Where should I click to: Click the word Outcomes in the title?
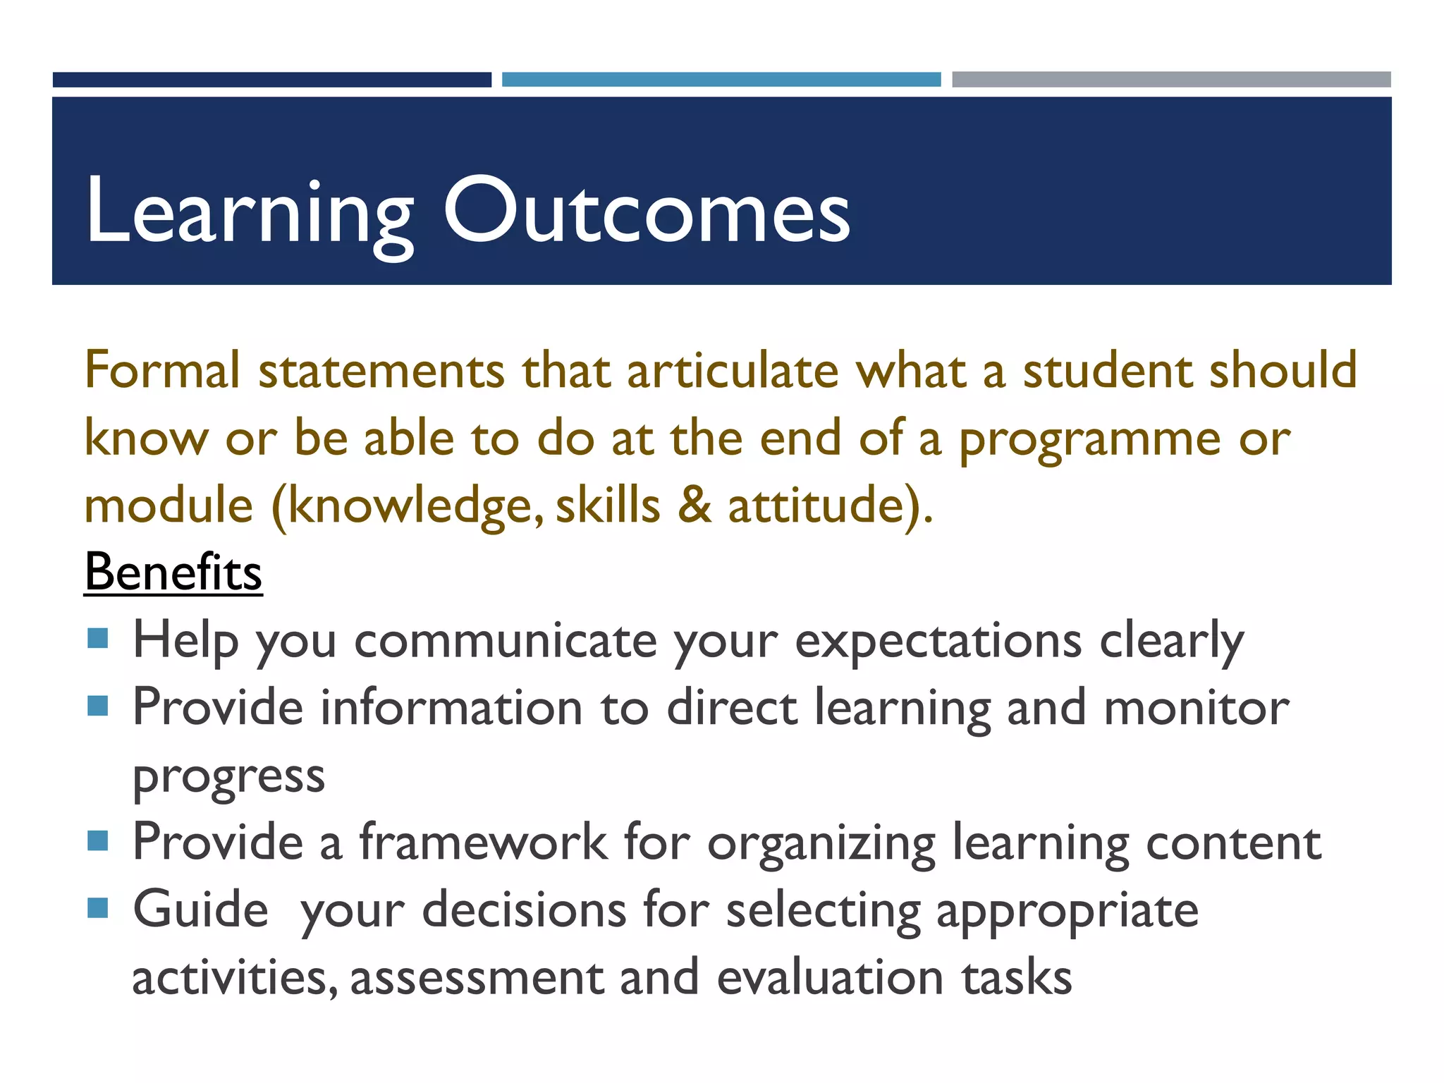coord(647,212)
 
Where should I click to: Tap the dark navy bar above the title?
coord(271,80)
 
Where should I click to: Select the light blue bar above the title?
coord(721,80)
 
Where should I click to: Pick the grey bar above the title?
coord(1170,80)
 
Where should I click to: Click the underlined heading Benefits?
coord(173,572)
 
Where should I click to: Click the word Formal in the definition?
coord(162,370)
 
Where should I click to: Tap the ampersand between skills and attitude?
coord(695,506)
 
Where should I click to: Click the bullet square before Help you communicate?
coord(98,639)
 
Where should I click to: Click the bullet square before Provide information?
coord(98,706)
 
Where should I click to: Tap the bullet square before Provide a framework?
coord(98,840)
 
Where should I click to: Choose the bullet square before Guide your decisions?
coord(98,908)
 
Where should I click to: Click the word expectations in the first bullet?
coord(938,642)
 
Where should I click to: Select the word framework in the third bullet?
coord(484,842)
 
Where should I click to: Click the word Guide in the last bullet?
coord(201,909)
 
